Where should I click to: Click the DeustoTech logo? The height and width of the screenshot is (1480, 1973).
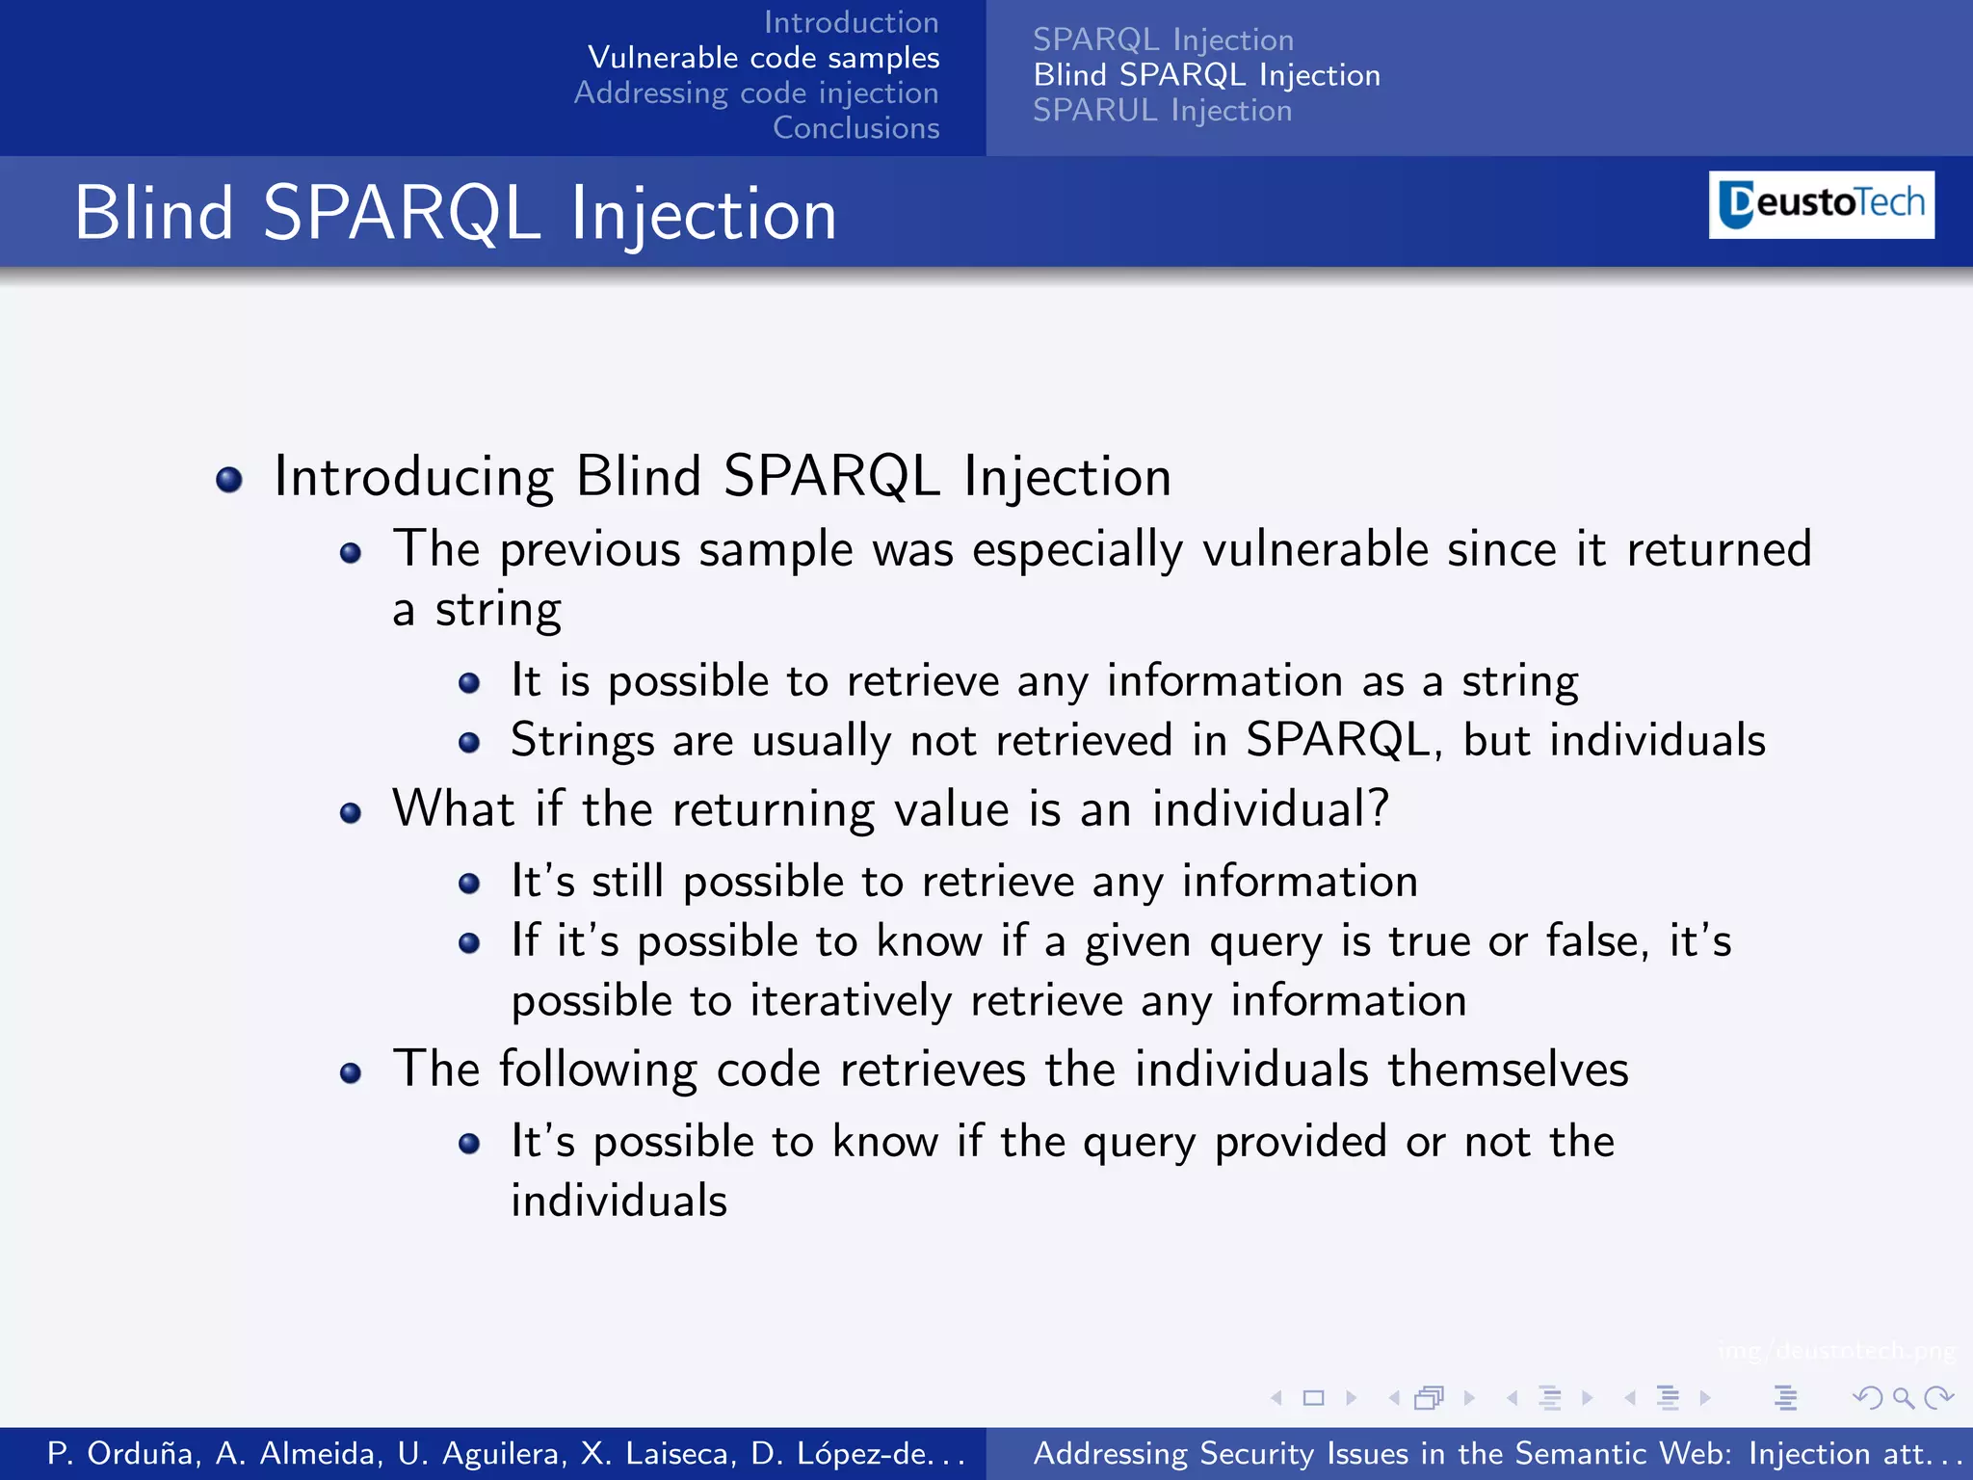[1821, 204]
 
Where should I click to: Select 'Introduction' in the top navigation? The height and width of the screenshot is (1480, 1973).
[851, 22]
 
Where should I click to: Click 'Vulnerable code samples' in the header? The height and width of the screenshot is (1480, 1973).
[763, 58]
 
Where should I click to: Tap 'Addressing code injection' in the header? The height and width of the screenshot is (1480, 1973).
[756, 92]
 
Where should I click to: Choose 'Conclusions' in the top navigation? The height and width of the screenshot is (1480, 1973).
[855, 127]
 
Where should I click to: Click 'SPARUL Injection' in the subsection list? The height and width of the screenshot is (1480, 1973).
[1162, 111]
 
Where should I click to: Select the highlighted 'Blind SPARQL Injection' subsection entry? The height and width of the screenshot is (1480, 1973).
[1206, 75]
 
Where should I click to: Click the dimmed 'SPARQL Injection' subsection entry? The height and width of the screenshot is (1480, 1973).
[1163, 40]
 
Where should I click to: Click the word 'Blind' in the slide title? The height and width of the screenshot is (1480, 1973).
[154, 213]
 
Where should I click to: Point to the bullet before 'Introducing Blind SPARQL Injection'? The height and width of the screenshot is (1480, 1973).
[229, 479]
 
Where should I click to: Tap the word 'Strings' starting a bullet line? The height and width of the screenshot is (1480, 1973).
[582, 741]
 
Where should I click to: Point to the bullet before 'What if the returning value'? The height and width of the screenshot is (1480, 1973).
[351, 813]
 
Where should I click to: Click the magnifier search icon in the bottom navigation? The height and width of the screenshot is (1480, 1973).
[1903, 1397]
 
